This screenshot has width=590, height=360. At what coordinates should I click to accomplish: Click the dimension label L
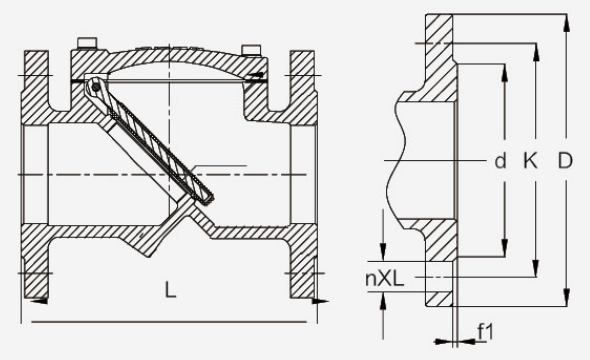170,290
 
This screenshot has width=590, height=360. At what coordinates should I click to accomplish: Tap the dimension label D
564,161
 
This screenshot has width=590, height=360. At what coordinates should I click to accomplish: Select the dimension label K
530,161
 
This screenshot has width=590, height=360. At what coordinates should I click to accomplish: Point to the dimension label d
500,161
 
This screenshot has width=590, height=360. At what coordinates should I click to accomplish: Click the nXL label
385,279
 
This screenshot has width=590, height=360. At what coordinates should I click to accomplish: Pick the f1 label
485,331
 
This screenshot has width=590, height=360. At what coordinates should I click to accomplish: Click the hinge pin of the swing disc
96,87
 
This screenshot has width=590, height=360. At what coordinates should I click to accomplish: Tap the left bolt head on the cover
87,43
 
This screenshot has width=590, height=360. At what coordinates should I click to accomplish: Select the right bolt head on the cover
251,50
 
